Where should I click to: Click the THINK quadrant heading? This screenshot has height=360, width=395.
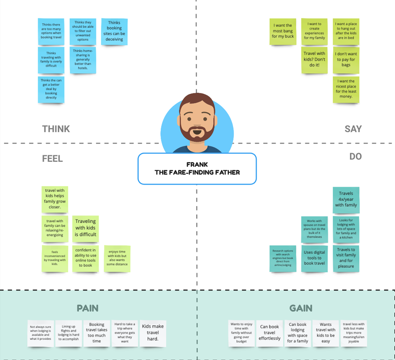(x=56, y=129)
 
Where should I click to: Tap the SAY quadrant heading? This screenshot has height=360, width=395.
(x=353, y=129)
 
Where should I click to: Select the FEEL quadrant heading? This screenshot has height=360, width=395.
(x=52, y=159)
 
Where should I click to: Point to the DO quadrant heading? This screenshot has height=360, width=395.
(x=355, y=157)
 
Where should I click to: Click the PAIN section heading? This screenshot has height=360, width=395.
(x=87, y=308)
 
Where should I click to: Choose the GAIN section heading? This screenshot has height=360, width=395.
(x=301, y=308)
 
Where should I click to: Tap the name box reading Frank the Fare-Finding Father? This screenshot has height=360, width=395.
(x=197, y=168)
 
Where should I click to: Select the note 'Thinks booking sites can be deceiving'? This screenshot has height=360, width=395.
(x=114, y=31)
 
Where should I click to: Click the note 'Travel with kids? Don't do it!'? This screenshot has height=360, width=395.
(x=314, y=60)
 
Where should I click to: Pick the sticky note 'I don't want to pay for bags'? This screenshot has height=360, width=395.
(x=346, y=60)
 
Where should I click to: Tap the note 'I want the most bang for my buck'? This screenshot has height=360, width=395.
(x=283, y=31)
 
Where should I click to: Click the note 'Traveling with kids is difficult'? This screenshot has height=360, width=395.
(x=86, y=228)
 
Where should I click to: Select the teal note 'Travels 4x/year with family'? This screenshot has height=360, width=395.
(x=346, y=200)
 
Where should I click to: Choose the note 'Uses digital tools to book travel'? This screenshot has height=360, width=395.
(x=314, y=258)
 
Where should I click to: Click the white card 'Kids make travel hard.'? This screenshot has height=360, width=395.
(x=153, y=333)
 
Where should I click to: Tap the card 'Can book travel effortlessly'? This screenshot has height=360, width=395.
(x=270, y=333)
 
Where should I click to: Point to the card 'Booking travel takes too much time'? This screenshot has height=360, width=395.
(x=97, y=333)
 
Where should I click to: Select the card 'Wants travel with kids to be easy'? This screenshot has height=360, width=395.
(x=326, y=333)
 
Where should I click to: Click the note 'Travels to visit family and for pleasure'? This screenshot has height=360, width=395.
(x=346, y=258)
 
